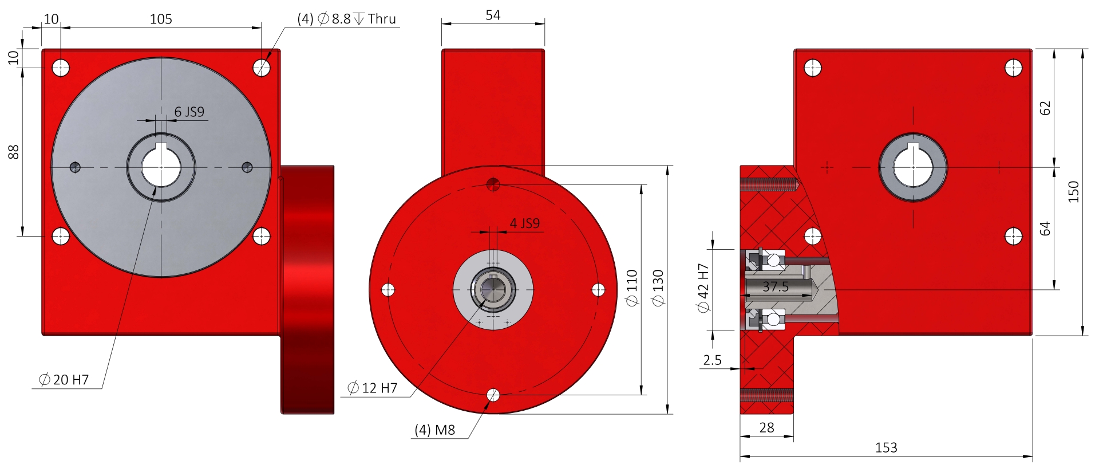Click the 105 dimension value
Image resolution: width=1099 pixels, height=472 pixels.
pos(161,19)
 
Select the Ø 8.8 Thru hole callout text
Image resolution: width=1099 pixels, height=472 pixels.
pos(346,19)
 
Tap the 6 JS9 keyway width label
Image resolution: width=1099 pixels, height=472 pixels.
pos(189,112)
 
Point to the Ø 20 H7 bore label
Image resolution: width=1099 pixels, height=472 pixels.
pos(64,379)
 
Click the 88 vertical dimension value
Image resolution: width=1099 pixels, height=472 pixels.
pos(13,152)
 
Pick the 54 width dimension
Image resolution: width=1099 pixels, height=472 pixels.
pos(493,15)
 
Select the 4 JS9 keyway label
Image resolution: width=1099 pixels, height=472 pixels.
pos(524,223)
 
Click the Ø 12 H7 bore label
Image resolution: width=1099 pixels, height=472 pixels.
pos(372,388)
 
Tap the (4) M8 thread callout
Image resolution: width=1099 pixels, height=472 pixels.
pos(435,430)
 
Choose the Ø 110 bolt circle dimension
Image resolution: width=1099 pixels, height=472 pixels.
pos(632,288)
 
